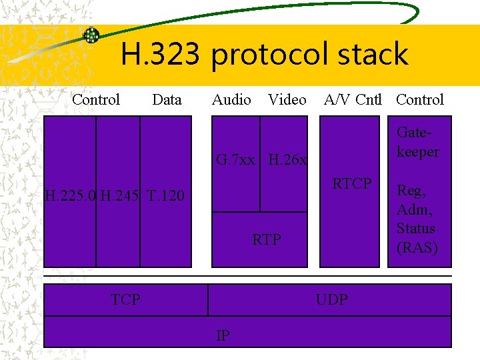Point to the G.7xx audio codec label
(x=235, y=160)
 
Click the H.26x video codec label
(x=287, y=160)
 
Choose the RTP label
(x=267, y=239)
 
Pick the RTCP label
(x=352, y=183)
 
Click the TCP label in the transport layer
(x=125, y=299)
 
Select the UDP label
(x=331, y=299)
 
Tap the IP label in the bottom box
(x=223, y=335)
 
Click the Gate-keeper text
(x=418, y=142)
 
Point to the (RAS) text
(x=417, y=248)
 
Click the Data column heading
(x=167, y=100)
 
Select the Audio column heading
(x=231, y=100)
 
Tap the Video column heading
(x=287, y=100)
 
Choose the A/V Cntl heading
(x=353, y=100)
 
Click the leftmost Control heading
(x=96, y=100)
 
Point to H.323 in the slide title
(x=160, y=54)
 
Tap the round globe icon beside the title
(x=91, y=35)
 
